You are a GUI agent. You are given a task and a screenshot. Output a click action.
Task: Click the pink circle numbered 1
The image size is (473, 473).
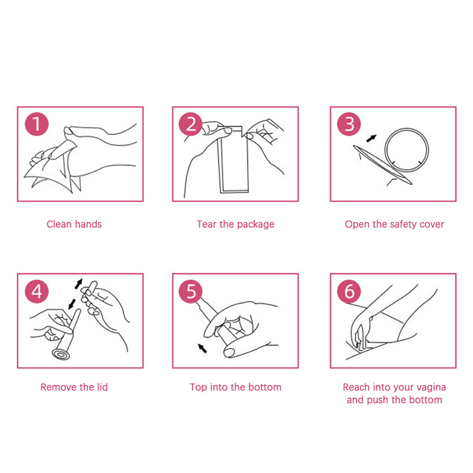[37, 124]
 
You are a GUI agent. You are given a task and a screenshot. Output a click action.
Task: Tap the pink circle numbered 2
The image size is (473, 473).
[190, 124]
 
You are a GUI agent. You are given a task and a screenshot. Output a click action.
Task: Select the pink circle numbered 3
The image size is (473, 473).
[349, 124]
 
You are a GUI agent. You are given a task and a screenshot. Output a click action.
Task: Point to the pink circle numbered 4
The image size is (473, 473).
[37, 291]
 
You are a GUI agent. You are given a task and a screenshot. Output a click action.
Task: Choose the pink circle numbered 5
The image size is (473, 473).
[190, 291]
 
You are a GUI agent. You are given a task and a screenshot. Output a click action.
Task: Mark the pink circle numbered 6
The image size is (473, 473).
[349, 291]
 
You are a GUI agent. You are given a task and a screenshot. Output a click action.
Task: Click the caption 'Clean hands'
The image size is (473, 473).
[74, 224]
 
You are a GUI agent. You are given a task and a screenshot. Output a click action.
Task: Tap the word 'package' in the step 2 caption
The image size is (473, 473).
[255, 225]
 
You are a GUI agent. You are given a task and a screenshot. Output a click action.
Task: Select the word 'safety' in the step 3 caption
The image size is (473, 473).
[404, 225]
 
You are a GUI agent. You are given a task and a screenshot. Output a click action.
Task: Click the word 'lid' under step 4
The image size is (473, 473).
[102, 387]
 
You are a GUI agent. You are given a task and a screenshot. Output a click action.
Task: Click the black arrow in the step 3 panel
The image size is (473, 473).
[371, 138]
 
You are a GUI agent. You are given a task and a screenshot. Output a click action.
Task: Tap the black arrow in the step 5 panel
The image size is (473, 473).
[202, 348]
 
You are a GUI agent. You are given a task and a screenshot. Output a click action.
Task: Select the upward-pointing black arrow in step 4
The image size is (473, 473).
[79, 284]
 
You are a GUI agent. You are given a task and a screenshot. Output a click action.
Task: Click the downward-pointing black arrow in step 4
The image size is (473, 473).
[72, 304]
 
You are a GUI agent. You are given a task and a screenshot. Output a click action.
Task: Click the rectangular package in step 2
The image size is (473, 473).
[233, 160]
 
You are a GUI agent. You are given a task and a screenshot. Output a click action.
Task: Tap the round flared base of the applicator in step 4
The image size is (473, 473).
[61, 354]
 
